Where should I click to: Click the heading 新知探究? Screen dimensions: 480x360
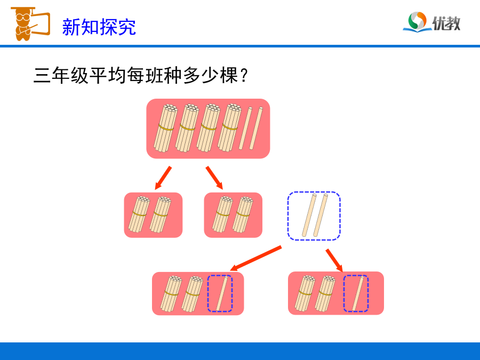pos(99,27)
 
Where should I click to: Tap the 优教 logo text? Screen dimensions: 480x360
pos(446,23)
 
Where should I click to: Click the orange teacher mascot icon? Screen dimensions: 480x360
pos(30,24)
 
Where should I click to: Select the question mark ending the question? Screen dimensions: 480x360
pos(244,75)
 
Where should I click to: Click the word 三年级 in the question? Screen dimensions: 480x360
pos(61,75)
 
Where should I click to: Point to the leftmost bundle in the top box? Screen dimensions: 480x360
pos(165,128)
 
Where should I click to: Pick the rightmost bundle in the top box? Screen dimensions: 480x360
pos(229,127)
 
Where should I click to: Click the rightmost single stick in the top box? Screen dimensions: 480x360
pos(256,128)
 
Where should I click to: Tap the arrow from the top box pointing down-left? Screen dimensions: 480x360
pos(163,178)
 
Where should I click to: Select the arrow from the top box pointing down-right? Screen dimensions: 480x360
pos(214,178)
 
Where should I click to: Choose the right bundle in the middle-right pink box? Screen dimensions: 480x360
pos(243,214)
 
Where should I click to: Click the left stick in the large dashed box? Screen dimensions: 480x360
pos(309,215)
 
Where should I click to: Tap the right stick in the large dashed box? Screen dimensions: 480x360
pos(321,215)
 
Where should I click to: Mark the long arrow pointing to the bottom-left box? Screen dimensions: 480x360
pos(255,258)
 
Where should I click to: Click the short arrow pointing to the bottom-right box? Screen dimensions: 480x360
pos(334,260)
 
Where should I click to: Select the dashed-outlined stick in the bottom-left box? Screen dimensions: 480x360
pos(222,293)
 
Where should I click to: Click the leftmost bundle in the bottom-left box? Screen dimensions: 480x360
pos(171,294)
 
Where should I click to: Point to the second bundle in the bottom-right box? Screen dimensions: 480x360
pos(325,294)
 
